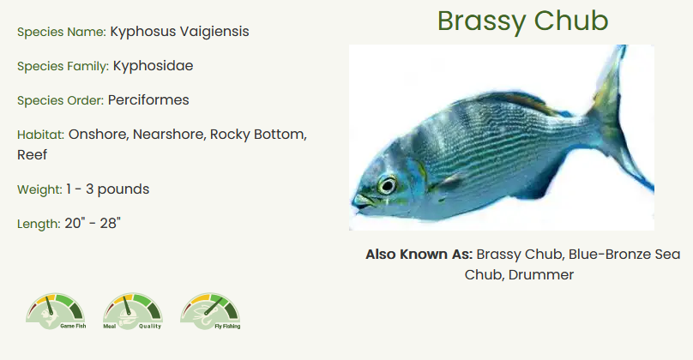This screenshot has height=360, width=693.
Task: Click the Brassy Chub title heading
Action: pyautogui.click(x=523, y=21)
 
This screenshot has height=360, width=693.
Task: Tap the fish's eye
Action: pyautogui.click(x=387, y=185)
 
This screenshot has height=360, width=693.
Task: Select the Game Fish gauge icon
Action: pyautogui.click(x=56, y=311)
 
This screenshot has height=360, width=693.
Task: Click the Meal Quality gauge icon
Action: pyautogui.click(x=133, y=311)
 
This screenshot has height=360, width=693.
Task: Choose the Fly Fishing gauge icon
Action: pyautogui.click(x=210, y=311)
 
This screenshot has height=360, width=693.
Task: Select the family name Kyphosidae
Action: pyautogui.click(x=153, y=66)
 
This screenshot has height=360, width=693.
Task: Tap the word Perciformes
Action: pyautogui.click(x=148, y=100)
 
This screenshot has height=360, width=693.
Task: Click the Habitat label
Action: pyautogui.click(x=40, y=135)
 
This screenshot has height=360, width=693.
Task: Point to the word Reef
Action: pyautogui.click(x=33, y=155)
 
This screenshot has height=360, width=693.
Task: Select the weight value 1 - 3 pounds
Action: pyautogui.click(x=108, y=189)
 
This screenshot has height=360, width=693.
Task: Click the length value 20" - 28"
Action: pyautogui.click(x=93, y=224)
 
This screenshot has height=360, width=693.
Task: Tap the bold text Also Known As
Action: pyautogui.click(x=419, y=255)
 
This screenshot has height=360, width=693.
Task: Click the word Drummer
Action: pyautogui.click(x=541, y=275)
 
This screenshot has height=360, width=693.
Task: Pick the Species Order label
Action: pyautogui.click(x=61, y=100)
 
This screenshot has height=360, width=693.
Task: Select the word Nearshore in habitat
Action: pyautogui.click(x=170, y=135)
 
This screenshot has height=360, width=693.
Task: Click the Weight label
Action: pyautogui.click(x=39, y=190)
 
